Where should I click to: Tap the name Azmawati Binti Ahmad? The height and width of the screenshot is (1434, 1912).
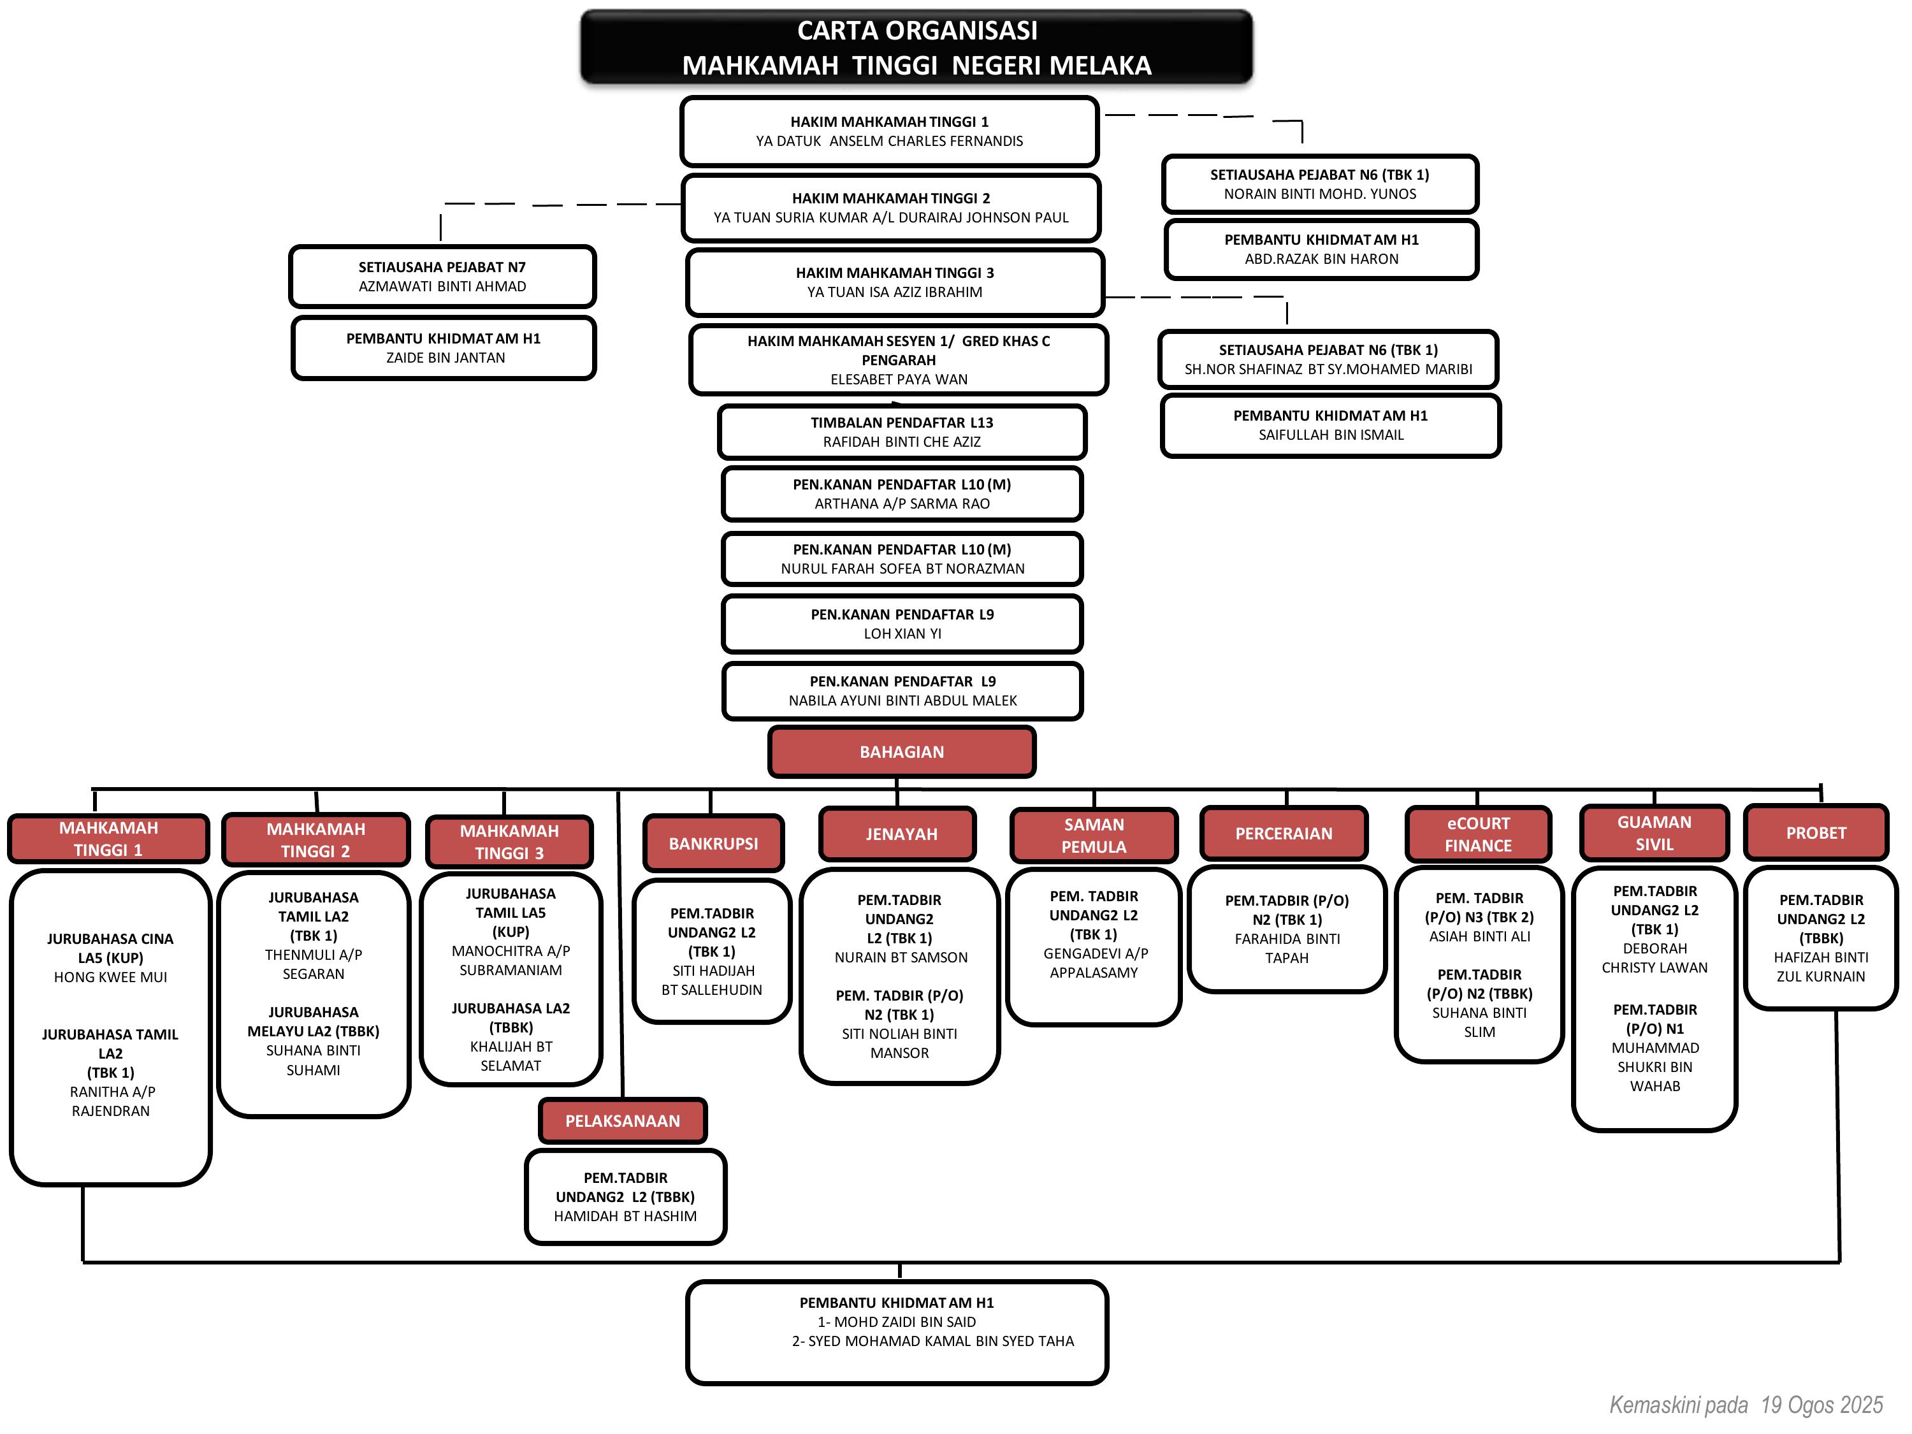coord(442,287)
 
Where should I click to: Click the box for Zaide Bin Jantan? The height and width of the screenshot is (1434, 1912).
coord(444,349)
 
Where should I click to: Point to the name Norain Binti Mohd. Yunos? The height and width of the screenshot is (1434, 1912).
coord(1319,194)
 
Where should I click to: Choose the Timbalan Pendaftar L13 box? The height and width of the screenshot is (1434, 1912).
coord(902,431)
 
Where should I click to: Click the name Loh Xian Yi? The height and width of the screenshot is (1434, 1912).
coord(902,634)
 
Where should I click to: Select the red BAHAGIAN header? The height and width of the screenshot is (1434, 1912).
coord(902,752)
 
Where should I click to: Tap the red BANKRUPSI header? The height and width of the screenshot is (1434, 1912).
coord(713,844)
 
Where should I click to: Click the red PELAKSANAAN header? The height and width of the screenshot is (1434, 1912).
coord(622,1121)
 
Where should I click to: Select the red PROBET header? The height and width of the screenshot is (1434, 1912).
coord(1815,833)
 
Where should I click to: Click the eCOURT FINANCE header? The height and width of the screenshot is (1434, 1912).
coord(1478,835)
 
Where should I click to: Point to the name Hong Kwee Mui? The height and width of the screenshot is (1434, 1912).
coord(111,978)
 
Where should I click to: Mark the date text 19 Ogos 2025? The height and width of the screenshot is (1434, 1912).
coord(1821,1405)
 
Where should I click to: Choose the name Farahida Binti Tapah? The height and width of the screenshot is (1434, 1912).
coord(1287,949)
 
